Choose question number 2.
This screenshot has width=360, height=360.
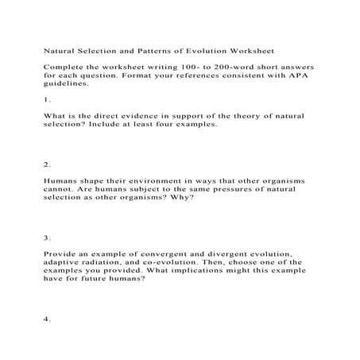[48, 165]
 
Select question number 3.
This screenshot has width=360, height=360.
[48, 237]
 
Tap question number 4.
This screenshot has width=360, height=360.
[48, 320]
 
